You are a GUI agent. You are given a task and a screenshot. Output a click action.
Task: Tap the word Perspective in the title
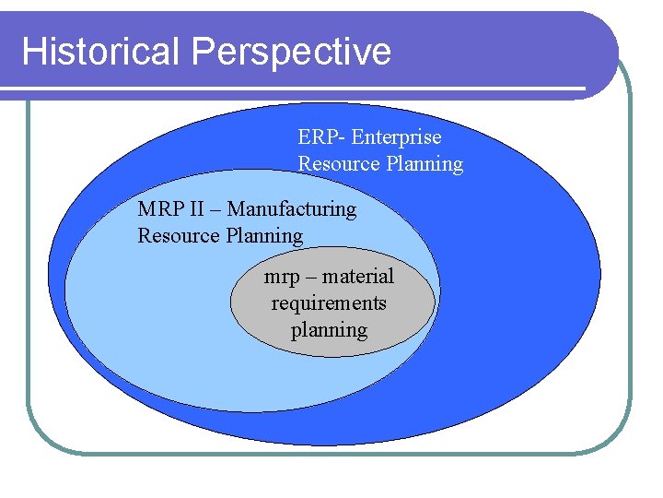point(292,53)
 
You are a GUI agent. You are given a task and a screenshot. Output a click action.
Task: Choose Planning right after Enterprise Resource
point(421,165)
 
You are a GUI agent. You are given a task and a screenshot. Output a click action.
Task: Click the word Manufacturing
point(291,209)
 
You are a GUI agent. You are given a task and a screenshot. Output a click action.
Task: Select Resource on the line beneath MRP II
point(175,236)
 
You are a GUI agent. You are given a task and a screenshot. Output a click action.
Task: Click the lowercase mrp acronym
point(282,278)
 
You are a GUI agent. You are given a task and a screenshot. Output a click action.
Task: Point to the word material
point(358,277)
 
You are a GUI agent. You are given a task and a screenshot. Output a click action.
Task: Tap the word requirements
point(329,303)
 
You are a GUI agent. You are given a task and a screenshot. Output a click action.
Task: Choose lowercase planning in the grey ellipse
point(329,331)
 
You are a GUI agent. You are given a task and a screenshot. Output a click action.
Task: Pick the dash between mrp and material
point(310,278)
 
